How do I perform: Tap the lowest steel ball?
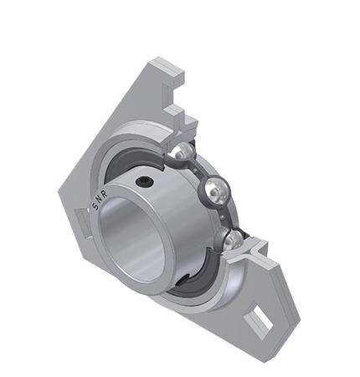tap(235, 240)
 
